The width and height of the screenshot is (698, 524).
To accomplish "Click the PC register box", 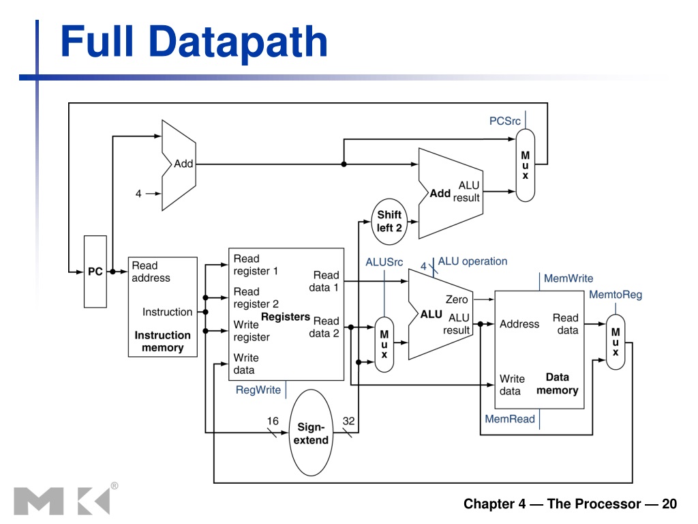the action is click(95, 272).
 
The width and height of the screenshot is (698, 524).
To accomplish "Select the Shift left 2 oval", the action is click(389, 222).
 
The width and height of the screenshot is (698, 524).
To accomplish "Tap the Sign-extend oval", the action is click(311, 433).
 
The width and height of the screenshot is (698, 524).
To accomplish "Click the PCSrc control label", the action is click(505, 121).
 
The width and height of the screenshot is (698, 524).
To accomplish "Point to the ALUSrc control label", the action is click(384, 262).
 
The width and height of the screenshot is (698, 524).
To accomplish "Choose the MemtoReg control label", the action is click(616, 295).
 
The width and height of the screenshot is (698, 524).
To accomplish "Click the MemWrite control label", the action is click(568, 278).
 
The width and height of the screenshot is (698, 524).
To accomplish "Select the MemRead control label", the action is click(510, 419).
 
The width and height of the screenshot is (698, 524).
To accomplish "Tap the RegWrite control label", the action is click(258, 390).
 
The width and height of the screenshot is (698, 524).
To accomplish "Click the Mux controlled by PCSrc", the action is click(526, 165).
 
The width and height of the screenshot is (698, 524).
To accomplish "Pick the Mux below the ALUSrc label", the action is click(384, 345).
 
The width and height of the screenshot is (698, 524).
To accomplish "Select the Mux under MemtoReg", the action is click(616, 342).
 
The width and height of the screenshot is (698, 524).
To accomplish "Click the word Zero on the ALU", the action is click(457, 300).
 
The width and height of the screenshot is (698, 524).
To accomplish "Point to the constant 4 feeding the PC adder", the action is click(138, 194).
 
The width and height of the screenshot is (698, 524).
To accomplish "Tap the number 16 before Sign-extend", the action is click(273, 421).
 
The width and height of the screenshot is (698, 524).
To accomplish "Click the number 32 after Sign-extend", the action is click(348, 421).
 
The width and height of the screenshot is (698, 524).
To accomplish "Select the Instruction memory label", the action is click(162, 341).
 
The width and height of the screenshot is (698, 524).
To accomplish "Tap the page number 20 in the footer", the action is click(669, 504).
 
